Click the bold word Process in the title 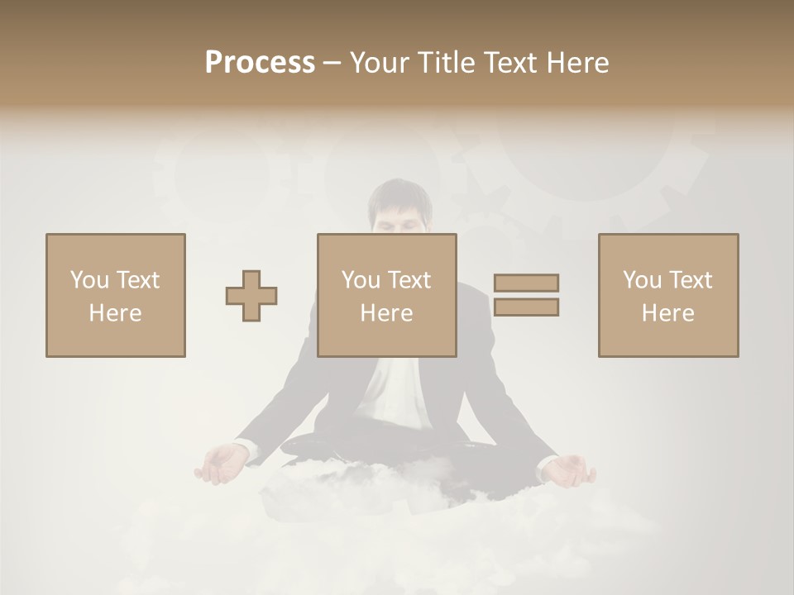[x=260, y=63]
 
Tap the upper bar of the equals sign [x=526, y=283]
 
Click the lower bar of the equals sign [x=526, y=307]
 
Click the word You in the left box [x=89, y=280]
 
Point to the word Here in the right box [x=668, y=313]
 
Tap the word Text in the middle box [x=410, y=280]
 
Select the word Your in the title [x=380, y=63]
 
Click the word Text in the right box [x=691, y=280]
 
